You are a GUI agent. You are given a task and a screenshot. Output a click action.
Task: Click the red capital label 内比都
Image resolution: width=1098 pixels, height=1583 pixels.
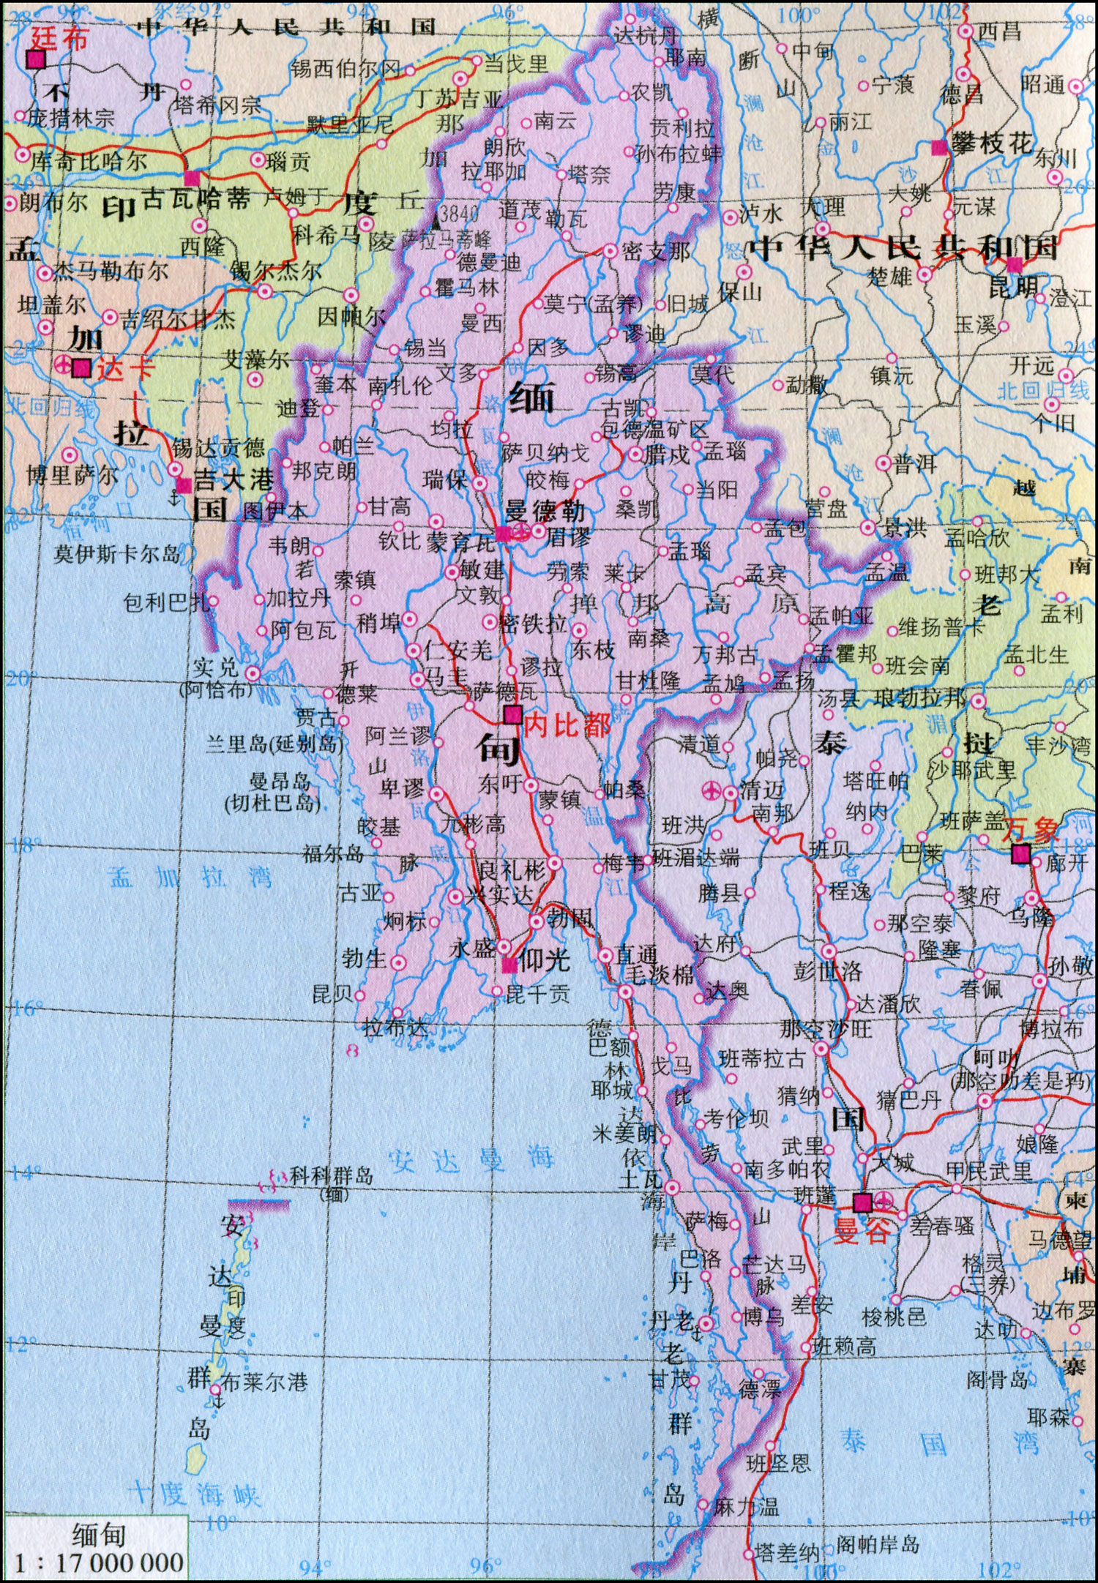click(x=567, y=725)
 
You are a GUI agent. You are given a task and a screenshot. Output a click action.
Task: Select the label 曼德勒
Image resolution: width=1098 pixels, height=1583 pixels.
click(x=545, y=510)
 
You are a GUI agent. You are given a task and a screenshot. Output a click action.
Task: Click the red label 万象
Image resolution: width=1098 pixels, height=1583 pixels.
click(x=1030, y=831)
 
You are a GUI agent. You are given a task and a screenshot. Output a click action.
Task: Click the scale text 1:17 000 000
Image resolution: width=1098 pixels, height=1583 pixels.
click(x=99, y=1562)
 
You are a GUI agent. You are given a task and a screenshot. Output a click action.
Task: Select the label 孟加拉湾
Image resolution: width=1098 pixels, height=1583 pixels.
click(x=192, y=877)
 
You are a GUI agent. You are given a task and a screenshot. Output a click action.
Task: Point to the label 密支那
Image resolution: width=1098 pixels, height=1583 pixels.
click(x=656, y=252)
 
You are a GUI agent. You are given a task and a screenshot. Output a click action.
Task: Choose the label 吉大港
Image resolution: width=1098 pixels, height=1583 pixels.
click(x=233, y=480)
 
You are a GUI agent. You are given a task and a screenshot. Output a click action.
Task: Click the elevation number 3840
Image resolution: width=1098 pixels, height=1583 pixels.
click(x=460, y=214)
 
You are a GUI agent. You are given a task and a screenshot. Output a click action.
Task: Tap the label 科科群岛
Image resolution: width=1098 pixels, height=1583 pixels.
click(x=332, y=1177)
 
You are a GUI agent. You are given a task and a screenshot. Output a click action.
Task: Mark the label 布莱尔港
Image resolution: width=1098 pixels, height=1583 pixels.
click(x=264, y=1382)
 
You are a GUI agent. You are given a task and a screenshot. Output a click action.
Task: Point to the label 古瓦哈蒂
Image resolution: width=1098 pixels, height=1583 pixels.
click(x=195, y=198)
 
